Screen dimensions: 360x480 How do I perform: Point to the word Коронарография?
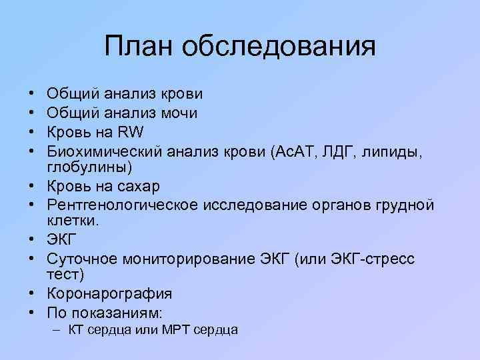[x=109, y=293]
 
